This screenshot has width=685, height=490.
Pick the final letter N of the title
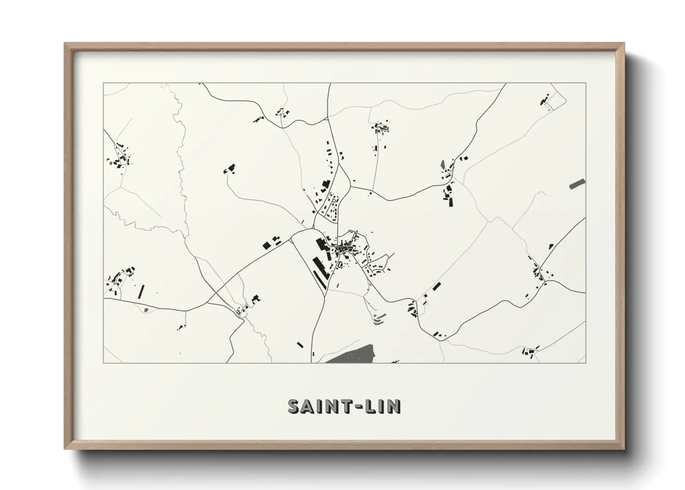point(394,406)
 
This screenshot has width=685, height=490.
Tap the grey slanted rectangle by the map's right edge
point(577,183)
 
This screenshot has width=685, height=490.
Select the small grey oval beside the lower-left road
point(146,309)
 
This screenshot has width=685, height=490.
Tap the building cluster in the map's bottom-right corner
point(529,352)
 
